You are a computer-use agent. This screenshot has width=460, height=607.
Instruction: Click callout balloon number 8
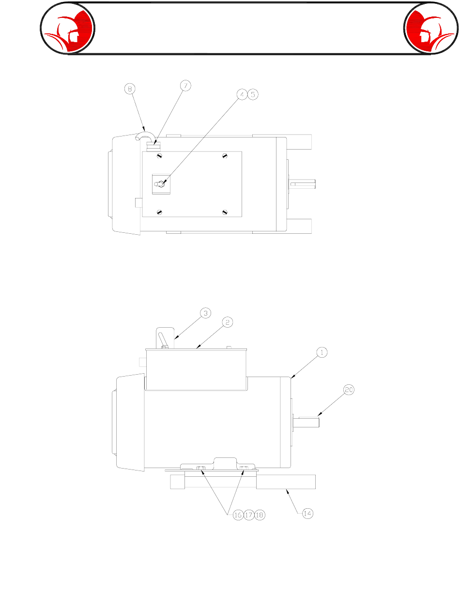click(129, 89)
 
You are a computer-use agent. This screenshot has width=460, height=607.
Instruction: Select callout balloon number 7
click(185, 86)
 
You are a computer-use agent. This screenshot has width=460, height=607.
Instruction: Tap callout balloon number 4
click(242, 94)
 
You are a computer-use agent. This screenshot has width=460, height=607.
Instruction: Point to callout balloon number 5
click(253, 94)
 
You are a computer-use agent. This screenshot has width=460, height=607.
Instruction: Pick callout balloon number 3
click(205, 313)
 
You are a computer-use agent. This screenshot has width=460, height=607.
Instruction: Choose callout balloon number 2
click(228, 322)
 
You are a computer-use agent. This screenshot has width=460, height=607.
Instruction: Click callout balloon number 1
click(322, 352)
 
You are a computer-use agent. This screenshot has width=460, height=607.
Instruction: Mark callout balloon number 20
click(349, 390)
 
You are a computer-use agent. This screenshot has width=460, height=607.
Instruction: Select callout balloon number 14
click(307, 514)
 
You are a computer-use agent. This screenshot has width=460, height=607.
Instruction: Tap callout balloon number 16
click(238, 515)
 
